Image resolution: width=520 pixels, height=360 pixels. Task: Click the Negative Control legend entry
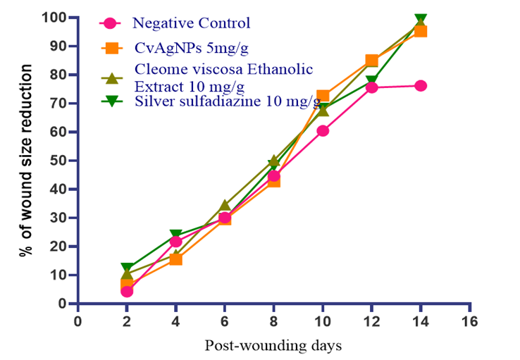(192, 23)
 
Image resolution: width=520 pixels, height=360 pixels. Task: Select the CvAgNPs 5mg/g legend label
(192, 48)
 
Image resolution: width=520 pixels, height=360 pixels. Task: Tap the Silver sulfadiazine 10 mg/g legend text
(228, 101)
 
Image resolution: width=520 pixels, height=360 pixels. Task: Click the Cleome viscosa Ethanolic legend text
(223, 69)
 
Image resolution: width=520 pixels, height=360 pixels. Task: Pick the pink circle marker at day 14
(421, 86)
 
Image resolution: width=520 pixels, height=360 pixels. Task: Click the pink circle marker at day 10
(323, 131)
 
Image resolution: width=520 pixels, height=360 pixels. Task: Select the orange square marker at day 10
(323, 96)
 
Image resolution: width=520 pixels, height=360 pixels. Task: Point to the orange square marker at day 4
(175, 259)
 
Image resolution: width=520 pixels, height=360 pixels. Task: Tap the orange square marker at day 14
(421, 32)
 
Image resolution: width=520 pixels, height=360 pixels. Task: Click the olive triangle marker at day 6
(225, 206)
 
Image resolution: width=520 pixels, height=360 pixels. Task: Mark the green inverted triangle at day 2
(127, 267)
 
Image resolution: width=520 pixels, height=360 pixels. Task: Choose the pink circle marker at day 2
(127, 292)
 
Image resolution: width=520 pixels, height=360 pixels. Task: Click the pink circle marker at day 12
(372, 87)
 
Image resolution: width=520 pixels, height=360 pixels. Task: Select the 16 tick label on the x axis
(469, 321)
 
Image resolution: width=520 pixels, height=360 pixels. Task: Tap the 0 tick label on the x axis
(78, 321)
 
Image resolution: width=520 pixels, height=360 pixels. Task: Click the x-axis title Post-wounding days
(273, 345)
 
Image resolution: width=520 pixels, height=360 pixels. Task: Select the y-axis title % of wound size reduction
(26, 161)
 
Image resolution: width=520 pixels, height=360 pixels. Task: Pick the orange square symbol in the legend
(112, 48)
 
